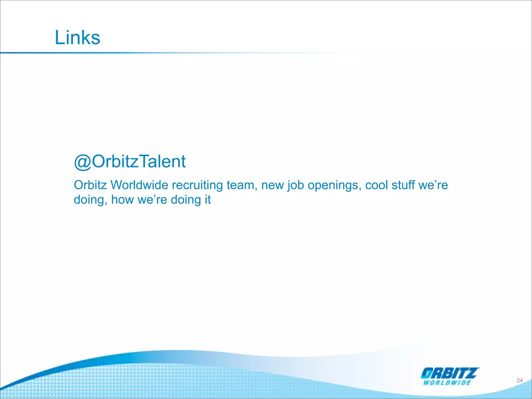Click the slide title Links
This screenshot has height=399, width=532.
click(x=77, y=37)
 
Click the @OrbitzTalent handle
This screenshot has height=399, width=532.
click(x=130, y=162)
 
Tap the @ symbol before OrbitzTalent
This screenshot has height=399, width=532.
click(x=83, y=162)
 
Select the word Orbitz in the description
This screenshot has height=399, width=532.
click(x=90, y=185)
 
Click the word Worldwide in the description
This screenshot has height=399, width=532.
click(x=139, y=185)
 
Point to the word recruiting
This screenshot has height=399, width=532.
click(x=197, y=185)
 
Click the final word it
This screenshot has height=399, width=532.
click(x=208, y=200)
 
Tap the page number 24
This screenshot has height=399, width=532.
click(x=519, y=380)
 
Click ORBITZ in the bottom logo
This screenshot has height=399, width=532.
click(x=450, y=373)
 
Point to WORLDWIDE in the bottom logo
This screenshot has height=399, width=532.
click(x=447, y=383)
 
